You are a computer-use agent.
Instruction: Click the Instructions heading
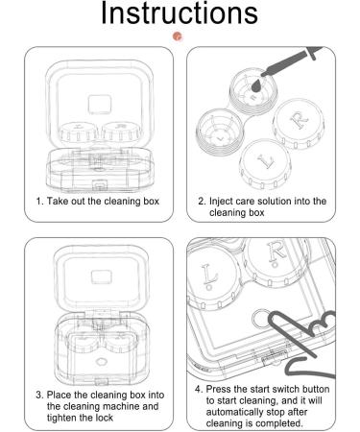pyautogui.click(x=180, y=13)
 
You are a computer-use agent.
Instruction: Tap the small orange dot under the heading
pyautogui.click(x=177, y=36)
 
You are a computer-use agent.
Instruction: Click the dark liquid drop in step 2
pyautogui.click(x=256, y=85)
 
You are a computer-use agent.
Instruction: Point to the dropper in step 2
pyautogui.click(x=291, y=61)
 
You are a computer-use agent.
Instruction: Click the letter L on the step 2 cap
pyautogui.click(x=265, y=161)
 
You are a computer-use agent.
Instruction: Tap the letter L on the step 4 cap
pyautogui.click(x=209, y=276)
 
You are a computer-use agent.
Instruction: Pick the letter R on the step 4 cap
pyautogui.click(x=276, y=253)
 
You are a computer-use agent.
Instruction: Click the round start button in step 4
pyautogui.click(x=261, y=319)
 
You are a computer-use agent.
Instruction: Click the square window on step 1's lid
pyautogui.click(x=100, y=105)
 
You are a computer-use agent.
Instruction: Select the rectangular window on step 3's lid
pyautogui.click(x=101, y=277)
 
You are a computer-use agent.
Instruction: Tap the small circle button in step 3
pyautogui.click(x=101, y=362)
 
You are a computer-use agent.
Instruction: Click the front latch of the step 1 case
pyautogui.click(x=100, y=185)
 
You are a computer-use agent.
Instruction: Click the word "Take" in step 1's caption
pyautogui.click(x=57, y=202)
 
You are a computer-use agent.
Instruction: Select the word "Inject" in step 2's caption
pyautogui.click(x=221, y=202)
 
